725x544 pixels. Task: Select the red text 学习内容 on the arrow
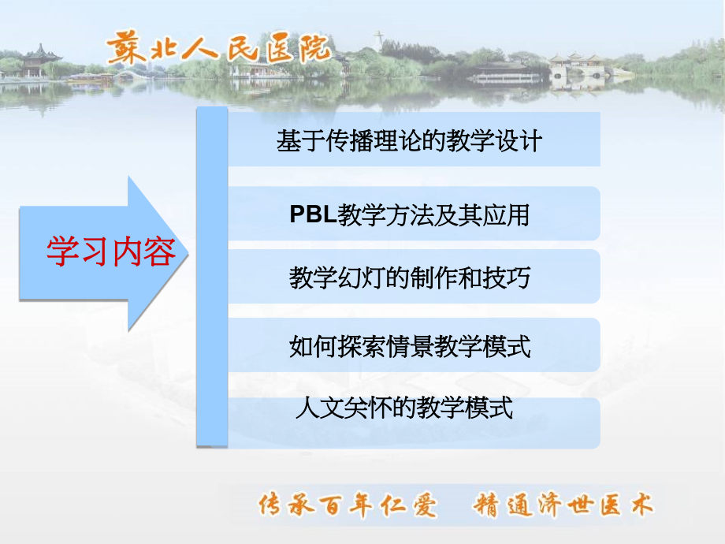pos(110,252)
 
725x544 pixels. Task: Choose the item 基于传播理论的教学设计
pos(409,141)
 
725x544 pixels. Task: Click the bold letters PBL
pos(313,215)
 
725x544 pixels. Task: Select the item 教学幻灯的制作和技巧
pos(409,278)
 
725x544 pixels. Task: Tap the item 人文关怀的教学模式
pos(403,408)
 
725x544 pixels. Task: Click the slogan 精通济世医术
pos(563,505)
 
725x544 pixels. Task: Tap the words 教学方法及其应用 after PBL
pos(433,215)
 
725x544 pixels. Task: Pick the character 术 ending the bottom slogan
pos(642,505)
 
